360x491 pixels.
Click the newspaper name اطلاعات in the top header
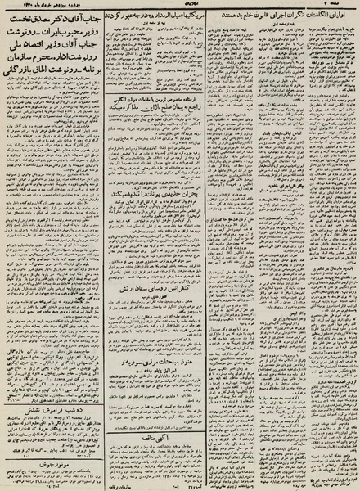(182, 5)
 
